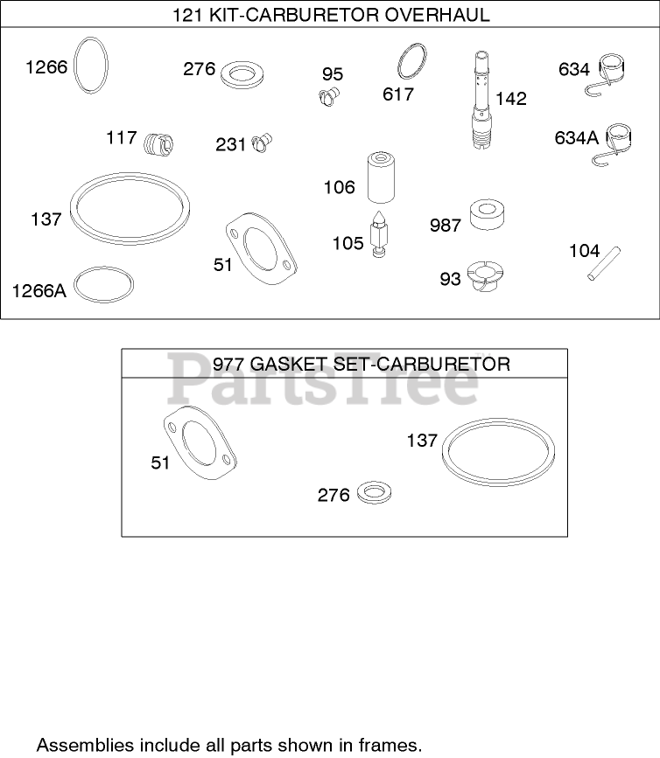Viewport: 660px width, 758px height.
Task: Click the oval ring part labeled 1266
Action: [x=92, y=64]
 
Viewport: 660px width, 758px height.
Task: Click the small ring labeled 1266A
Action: [x=106, y=285]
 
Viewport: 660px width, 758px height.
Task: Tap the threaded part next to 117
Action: [x=158, y=143]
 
